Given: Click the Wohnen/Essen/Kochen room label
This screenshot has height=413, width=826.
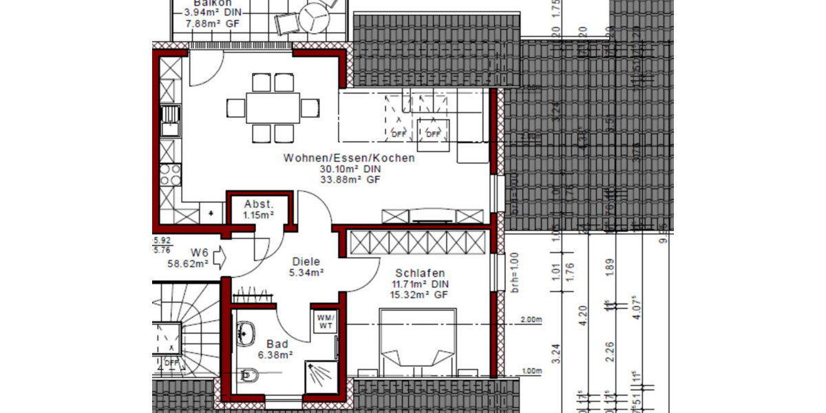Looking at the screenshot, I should click(349, 158).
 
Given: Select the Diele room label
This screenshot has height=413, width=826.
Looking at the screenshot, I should click(307, 262).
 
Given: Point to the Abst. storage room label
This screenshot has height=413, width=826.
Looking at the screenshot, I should click(259, 204).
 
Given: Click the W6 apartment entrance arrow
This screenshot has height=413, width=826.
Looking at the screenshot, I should click(220, 257).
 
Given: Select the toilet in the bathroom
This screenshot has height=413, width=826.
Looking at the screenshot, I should click(251, 374).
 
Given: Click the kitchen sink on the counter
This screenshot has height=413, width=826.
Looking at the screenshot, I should click(170, 120).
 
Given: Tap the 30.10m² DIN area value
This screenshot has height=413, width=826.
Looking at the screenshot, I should click(349, 169).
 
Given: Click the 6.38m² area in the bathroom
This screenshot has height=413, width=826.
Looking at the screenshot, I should click(275, 355).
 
